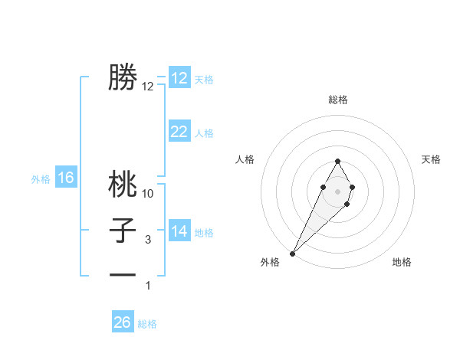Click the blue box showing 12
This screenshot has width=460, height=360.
[x=179, y=79]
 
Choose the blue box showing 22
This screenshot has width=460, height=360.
[x=179, y=132]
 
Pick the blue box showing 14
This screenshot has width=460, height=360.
[x=179, y=231]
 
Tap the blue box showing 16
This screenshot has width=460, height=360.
[x=66, y=178]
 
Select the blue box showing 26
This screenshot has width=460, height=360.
[x=123, y=322]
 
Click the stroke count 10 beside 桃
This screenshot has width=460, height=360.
[x=148, y=195]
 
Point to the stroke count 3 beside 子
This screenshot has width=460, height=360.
[x=148, y=240]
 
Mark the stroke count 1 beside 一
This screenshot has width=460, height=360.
[x=148, y=286]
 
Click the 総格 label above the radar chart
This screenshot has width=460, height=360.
[x=338, y=100]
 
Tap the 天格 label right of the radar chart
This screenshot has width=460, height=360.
[x=431, y=159]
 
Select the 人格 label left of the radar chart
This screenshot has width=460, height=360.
[x=245, y=159]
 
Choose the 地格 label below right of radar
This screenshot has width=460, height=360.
[x=402, y=262]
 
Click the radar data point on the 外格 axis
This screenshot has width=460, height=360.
[x=292, y=253]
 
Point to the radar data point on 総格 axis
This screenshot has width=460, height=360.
[x=337, y=161]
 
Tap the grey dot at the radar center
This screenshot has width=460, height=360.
[x=337, y=190]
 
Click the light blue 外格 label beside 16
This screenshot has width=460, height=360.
[x=41, y=179]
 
